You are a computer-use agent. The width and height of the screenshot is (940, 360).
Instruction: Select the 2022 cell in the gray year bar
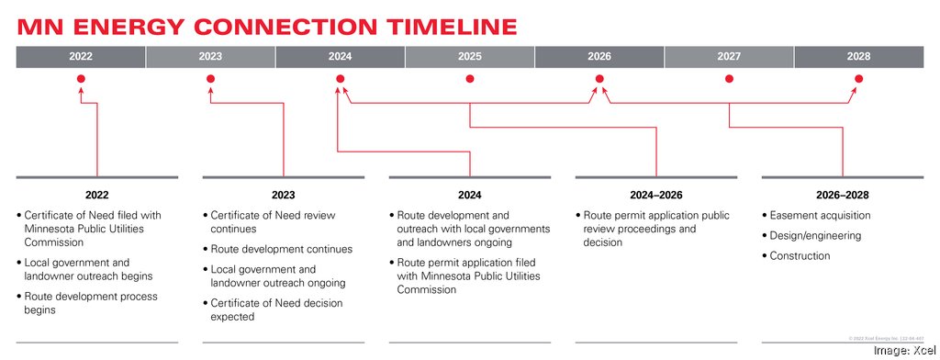81,56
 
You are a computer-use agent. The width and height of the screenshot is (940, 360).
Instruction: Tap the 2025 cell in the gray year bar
469,56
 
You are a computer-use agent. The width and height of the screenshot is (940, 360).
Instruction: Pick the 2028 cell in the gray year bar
858,56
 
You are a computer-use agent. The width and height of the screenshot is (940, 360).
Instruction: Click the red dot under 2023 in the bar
210,79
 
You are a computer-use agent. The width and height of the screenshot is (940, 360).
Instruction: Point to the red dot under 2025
469,79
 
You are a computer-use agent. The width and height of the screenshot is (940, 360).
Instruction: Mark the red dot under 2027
729,79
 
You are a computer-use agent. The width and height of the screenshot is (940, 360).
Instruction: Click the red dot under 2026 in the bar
599,79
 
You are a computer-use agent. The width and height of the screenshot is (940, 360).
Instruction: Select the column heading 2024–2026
656,195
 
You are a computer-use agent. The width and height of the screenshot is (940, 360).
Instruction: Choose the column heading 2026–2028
843,195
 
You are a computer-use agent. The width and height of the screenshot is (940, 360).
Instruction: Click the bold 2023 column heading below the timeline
284,195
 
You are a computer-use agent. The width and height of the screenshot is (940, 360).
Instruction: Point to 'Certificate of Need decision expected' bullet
273,309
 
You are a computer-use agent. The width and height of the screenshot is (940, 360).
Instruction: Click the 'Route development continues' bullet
281,249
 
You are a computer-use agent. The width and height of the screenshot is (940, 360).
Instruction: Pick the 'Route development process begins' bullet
90,303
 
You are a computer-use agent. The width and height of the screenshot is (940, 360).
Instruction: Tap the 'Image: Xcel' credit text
901,349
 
